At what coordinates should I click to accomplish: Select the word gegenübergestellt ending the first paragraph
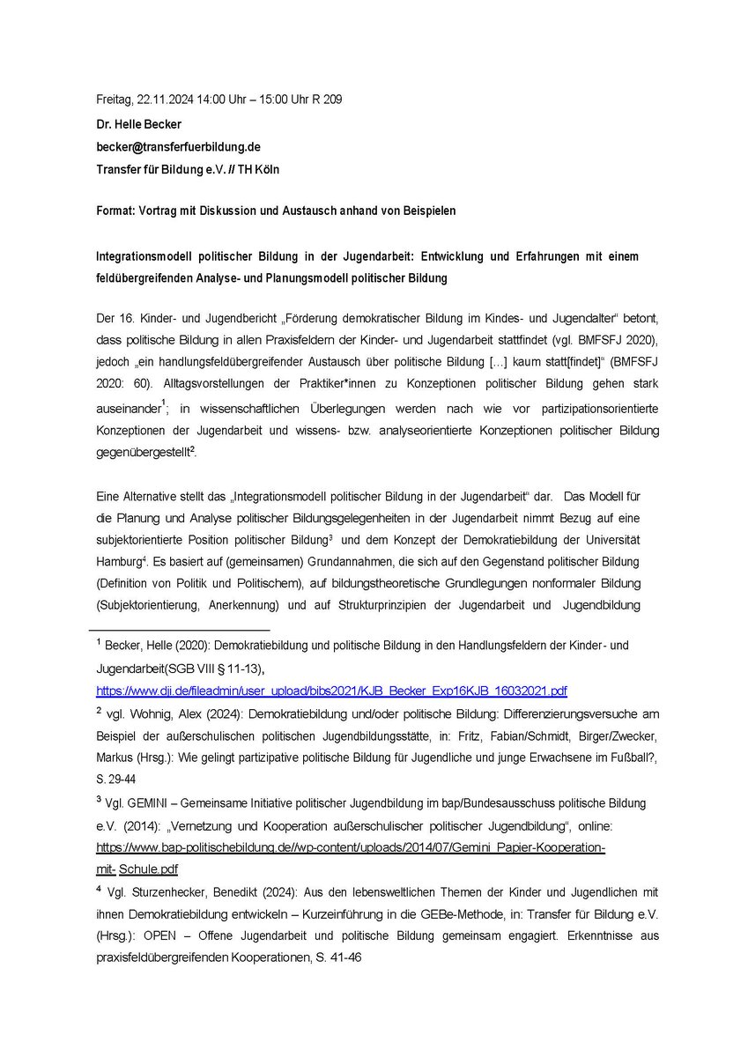coord(141,450)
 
